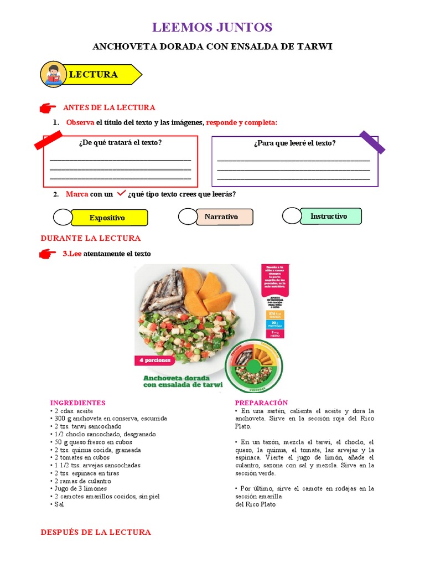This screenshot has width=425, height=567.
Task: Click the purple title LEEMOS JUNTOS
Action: (x=212, y=27)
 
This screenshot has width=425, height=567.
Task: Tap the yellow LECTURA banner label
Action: (x=94, y=74)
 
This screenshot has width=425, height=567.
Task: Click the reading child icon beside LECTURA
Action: (x=53, y=75)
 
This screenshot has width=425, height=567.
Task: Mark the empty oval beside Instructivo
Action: (x=291, y=215)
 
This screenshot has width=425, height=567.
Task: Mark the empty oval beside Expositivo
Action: (x=63, y=218)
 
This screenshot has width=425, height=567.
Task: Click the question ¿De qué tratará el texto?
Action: (x=120, y=142)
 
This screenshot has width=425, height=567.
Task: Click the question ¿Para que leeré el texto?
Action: (x=294, y=143)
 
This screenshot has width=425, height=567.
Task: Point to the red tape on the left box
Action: (x=48, y=140)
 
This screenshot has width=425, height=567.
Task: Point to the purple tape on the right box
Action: (x=372, y=141)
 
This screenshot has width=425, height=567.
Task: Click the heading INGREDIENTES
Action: (x=77, y=403)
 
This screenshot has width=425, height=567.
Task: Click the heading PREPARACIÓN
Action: (x=261, y=403)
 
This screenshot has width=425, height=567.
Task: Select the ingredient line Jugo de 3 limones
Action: (x=80, y=489)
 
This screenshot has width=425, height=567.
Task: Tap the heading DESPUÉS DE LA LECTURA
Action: (x=96, y=532)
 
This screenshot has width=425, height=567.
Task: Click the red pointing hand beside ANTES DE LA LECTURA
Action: (x=49, y=107)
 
